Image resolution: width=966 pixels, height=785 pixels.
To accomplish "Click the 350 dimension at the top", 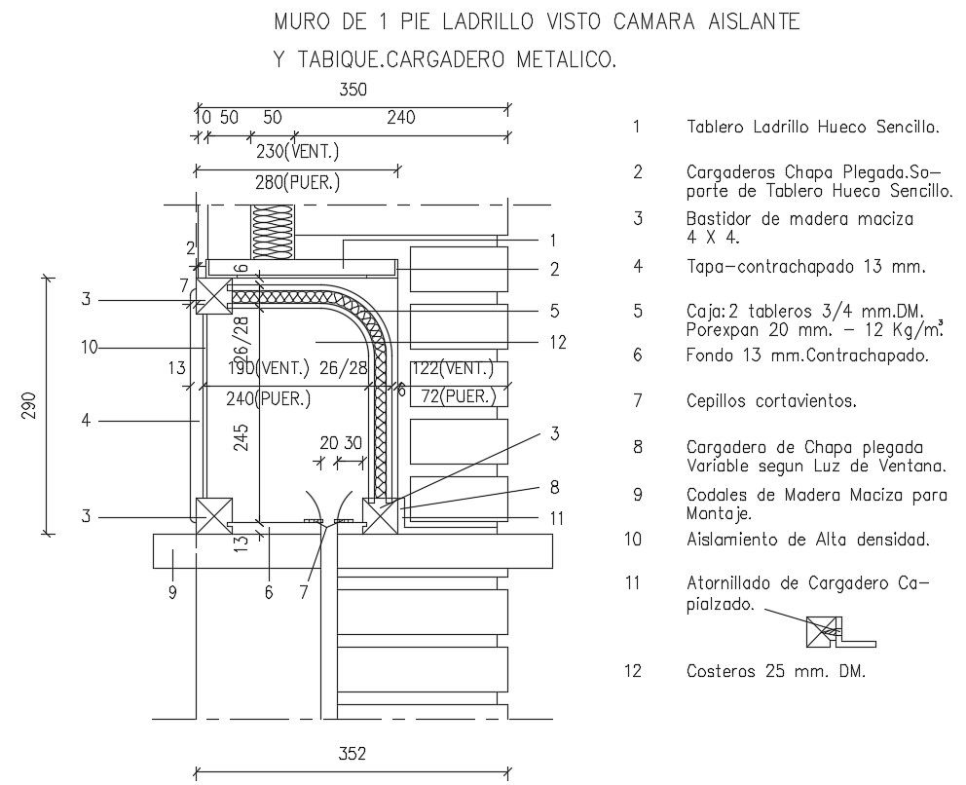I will click(353, 90).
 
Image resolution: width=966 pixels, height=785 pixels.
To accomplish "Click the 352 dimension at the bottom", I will click(353, 753).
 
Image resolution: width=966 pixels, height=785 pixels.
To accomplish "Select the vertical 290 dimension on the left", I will click(28, 404).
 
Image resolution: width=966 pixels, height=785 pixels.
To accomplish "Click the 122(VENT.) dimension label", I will click(452, 368).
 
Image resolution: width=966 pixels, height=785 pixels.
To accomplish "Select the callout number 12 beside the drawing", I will click(557, 342).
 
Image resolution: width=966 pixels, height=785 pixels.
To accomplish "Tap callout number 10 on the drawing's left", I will click(89, 347).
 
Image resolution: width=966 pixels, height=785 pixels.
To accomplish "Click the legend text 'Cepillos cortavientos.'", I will click(772, 400).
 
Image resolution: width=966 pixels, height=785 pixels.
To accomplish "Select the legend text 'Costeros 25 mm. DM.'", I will click(776, 671).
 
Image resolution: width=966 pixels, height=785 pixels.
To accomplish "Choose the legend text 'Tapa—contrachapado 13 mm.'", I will click(804, 266).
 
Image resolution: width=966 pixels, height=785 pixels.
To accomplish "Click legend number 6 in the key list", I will click(637, 355).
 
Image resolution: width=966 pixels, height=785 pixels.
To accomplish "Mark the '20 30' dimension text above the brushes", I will click(341, 443).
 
